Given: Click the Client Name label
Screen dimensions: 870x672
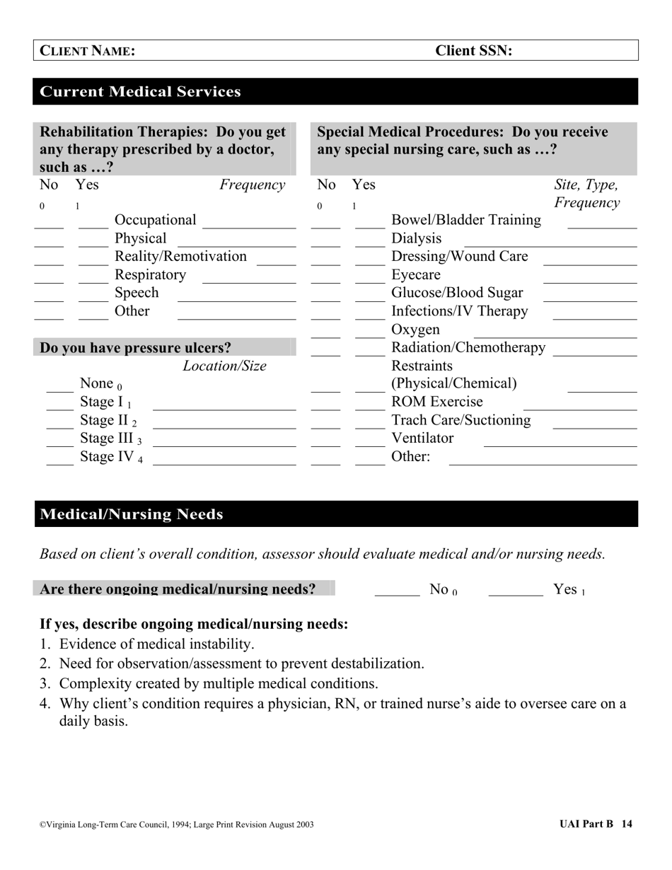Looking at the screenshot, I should coord(87,51).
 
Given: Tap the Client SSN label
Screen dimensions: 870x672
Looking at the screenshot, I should coord(473,51).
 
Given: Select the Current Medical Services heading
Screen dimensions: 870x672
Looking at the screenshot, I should coord(140,92).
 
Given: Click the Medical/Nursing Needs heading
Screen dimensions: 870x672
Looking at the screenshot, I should coord(132,514).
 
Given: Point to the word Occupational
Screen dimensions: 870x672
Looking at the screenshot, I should coord(155,220).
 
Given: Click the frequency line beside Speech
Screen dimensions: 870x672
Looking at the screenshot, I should coord(236,300).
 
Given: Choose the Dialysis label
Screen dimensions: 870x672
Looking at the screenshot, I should coord(416,238).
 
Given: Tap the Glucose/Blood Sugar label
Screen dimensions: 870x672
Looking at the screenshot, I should coord(457,293).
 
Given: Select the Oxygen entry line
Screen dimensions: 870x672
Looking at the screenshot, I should coord(555,336).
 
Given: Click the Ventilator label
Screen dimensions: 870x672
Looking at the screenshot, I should coord(422,438).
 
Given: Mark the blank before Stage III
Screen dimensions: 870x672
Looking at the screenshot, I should coord(59,446).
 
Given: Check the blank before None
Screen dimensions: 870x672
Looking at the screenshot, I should coord(59,390).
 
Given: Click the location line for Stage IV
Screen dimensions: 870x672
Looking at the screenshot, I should coord(224,463).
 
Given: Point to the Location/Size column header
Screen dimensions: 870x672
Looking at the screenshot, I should coord(224,366).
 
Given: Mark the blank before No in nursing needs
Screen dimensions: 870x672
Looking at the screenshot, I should coord(397,596).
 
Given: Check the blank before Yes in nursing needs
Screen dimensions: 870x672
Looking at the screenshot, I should coord(515,596).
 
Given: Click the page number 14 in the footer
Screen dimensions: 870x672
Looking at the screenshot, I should coord(627,824).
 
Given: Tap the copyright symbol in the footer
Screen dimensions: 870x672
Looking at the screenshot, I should coord(42,825).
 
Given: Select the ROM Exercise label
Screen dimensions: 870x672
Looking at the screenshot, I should coord(436,402).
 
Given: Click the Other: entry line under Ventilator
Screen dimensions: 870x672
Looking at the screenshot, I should coord(543,463).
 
